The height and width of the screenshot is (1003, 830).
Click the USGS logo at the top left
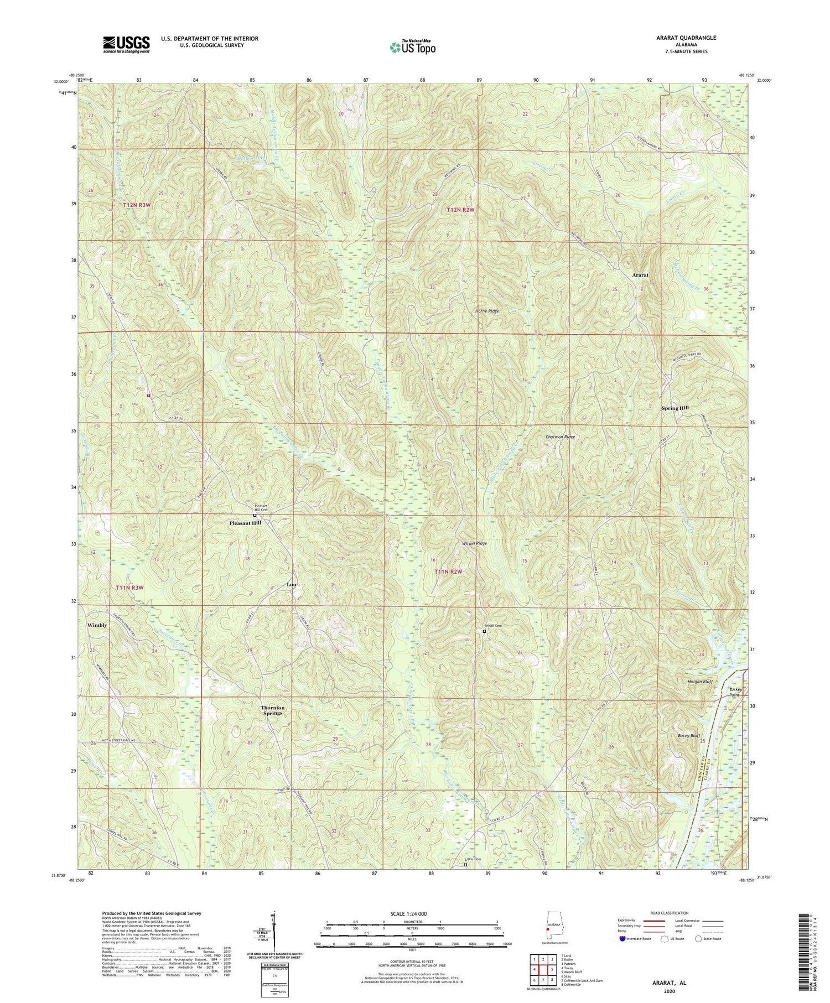126,44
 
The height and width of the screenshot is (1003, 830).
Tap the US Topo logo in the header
413,47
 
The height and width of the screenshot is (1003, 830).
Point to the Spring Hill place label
675,408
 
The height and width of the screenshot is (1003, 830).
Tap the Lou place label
292,584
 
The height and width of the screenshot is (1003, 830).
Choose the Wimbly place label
97,625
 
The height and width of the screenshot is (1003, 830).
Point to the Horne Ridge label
487,311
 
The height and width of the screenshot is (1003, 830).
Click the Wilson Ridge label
475,544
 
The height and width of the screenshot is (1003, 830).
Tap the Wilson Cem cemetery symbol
484,631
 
